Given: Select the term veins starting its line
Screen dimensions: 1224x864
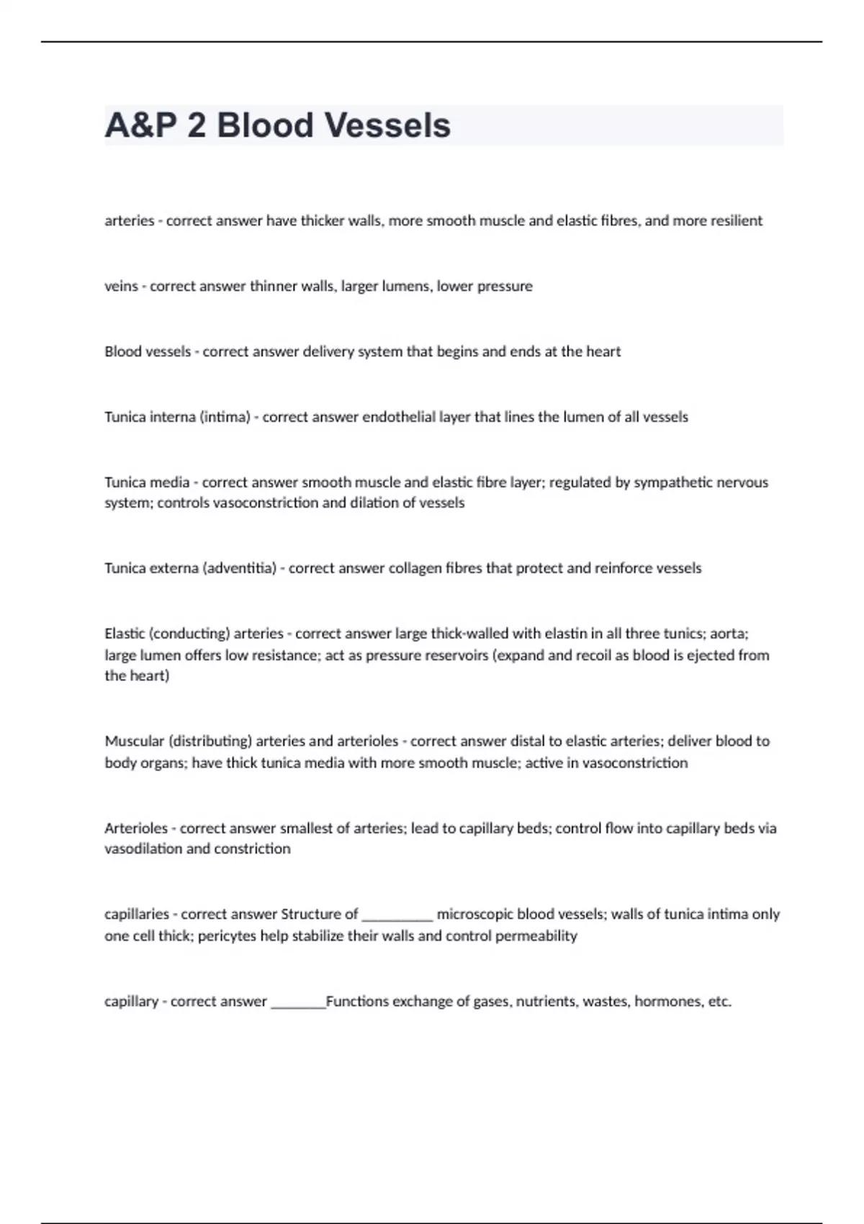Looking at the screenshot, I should pos(121,287).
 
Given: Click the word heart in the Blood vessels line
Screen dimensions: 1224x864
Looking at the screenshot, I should pos(603,351).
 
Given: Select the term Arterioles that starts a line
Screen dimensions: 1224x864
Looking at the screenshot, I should pos(136,828).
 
